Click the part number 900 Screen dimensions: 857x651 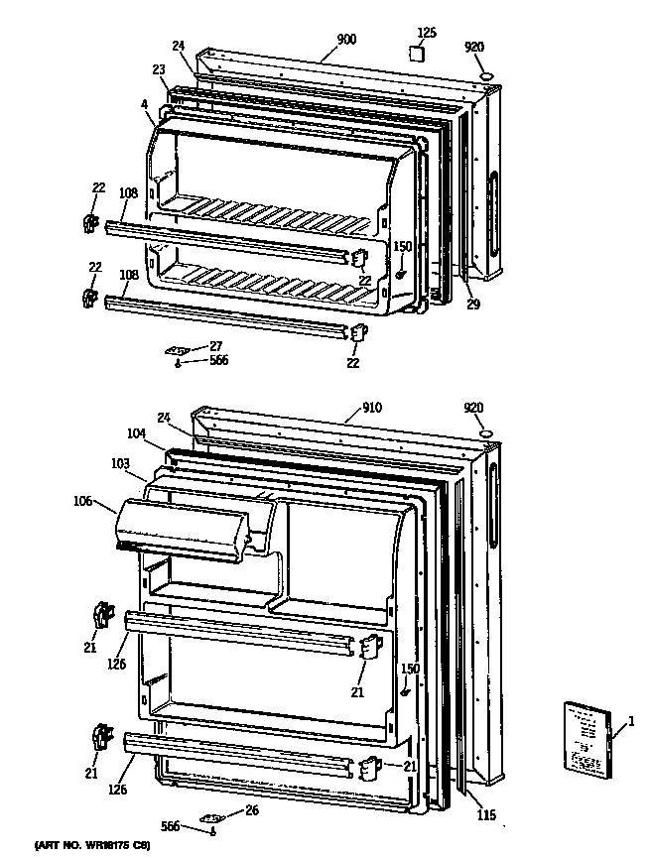pos(346,39)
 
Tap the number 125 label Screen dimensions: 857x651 pos(426,33)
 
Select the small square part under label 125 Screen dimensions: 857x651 pos(421,56)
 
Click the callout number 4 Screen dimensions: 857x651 pos(145,103)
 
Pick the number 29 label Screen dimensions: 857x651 pos(473,305)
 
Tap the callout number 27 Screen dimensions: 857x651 pos(216,346)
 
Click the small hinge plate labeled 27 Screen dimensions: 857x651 pos(179,350)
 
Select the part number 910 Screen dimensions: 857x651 pos(345,406)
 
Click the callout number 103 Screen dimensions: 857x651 pos(120,463)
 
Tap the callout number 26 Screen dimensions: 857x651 pos(251,809)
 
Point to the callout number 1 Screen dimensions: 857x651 pos(630,730)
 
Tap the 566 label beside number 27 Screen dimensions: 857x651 pos(218,361)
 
